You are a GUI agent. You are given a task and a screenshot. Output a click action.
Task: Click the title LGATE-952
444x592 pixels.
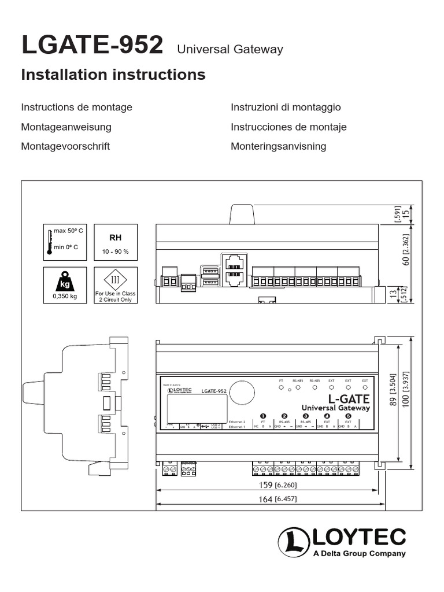[x=92, y=46]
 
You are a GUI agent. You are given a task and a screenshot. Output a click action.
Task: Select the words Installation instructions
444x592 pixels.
[x=113, y=75]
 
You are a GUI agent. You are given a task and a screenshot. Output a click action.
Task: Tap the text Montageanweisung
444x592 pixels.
[x=66, y=127]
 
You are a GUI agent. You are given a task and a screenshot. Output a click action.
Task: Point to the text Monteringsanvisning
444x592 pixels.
[x=278, y=146]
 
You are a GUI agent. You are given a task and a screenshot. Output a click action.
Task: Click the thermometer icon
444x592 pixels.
[x=50, y=241]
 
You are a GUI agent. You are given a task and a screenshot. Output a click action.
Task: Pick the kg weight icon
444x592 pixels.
[x=65, y=282]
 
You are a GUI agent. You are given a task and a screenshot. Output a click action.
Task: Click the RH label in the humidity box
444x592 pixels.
[x=116, y=238]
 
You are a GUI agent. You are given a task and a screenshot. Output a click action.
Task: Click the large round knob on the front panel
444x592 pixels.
[x=242, y=394]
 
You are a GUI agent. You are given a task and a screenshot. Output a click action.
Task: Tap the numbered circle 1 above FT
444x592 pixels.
[x=263, y=416]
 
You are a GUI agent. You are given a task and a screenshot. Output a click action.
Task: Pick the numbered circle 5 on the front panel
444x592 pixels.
[x=348, y=416]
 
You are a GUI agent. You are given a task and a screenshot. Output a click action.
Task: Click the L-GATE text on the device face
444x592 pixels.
[x=349, y=399]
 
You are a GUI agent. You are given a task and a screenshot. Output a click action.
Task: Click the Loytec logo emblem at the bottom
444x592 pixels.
[x=294, y=542]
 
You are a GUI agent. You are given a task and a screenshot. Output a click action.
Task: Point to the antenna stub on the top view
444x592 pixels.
[x=242, y=213]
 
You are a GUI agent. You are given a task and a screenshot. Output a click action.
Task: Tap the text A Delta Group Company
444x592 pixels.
[x=359, y=554]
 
